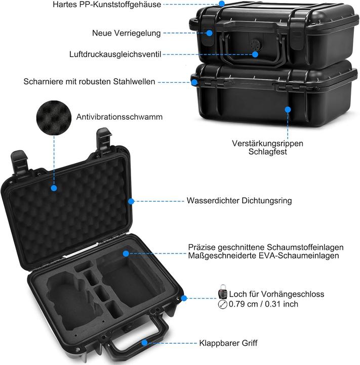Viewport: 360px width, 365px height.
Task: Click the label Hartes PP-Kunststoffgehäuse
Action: (x=107, y=5)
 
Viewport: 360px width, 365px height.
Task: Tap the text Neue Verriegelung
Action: (x=126, y=33)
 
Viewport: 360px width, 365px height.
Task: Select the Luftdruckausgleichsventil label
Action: (x=115, y=54)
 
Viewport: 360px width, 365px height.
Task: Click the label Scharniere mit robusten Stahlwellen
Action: (x=89, y=81)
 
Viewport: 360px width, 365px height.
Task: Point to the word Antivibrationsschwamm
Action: (x=119, y=117)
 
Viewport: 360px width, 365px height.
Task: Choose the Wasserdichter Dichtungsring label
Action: (x=239, y=201)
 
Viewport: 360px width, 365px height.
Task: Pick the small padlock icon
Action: (x=222, y=293)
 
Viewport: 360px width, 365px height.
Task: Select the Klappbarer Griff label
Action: (x=229, y=343)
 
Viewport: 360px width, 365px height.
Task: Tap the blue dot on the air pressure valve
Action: (x=257, y=54)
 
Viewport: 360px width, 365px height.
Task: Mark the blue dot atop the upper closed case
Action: (x=221, y=4)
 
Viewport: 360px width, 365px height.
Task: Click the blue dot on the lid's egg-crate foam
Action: (x=53, y=188)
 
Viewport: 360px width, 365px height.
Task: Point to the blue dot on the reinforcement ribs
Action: (x=288, y=108)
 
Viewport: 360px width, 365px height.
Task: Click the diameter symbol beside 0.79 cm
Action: (x=222, y=305)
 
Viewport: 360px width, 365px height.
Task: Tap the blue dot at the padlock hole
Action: (x=184, y=299)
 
